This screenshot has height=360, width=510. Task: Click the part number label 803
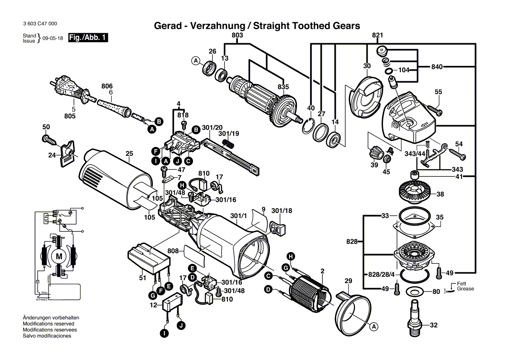(237, 35)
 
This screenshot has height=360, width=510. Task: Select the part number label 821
(378, 35)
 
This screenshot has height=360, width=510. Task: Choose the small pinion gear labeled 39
(375, 154)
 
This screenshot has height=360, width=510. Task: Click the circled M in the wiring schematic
(58, 256)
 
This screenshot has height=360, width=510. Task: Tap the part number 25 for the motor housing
(129, 153)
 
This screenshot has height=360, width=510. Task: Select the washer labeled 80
(414, 291)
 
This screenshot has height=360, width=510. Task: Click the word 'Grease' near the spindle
(465, 289)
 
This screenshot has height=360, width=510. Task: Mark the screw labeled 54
(455, 154)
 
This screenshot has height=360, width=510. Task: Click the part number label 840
(437, 67)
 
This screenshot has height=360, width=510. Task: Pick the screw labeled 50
(48, 139)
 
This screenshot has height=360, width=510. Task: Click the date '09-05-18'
(53, 38)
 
